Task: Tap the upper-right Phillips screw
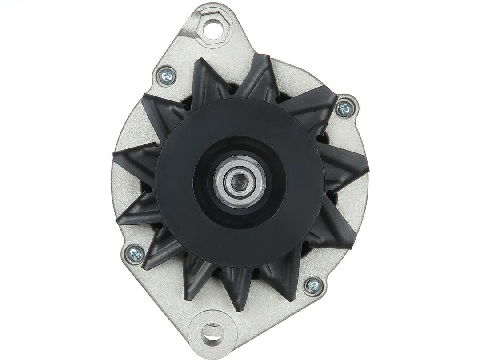tap(344, 108)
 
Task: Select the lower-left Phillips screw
tap(135, 254)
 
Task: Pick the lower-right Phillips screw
tap(313, 285)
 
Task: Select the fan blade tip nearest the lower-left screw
tap(144, 267)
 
